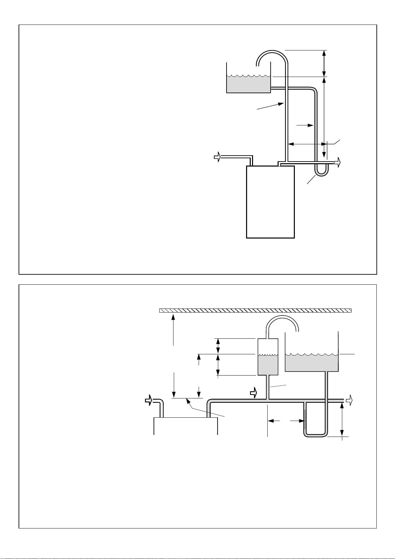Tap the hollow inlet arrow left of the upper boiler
(x=217, y=157)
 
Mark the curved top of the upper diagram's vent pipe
(x=272, y=53)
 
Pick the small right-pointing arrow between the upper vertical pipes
(x=305, y=125)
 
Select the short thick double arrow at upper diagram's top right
(x=324, y=63)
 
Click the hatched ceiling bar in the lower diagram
(x=255, y=311)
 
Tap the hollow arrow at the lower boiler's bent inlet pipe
(x=149, y=400)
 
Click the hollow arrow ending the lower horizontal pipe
(x=349, y=400)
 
